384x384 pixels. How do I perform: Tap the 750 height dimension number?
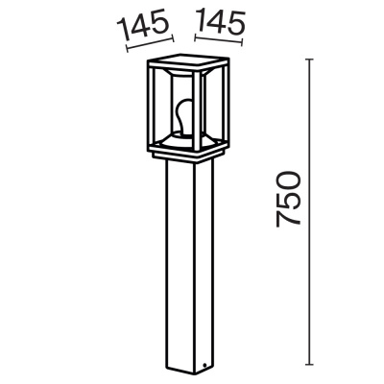point(287,200)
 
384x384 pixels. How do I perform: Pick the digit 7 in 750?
point(287,220)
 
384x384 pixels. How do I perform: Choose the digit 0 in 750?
point(287,180)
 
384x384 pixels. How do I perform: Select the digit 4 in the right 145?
point(218,24)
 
